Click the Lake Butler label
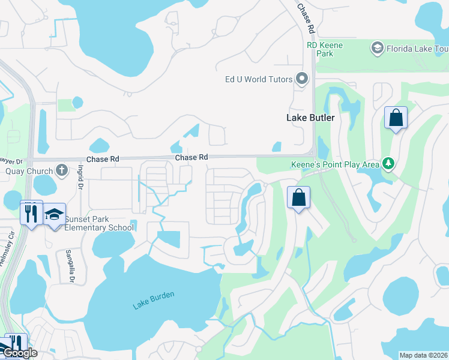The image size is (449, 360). coord(310,118)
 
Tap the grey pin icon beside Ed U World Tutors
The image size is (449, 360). coord(302,79)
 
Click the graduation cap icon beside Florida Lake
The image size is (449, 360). coord(378,47)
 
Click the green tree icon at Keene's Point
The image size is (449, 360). coord(389,163)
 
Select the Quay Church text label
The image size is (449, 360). coord(29,171)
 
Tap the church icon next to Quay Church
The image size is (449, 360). coord(62,171)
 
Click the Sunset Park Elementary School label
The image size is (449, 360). coord(99,223)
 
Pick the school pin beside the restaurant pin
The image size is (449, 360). coord(55,214)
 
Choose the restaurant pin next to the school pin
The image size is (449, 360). coord(31,213)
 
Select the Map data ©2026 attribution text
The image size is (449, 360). coord(424,355)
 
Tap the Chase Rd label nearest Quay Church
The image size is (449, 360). coord(103,159)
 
